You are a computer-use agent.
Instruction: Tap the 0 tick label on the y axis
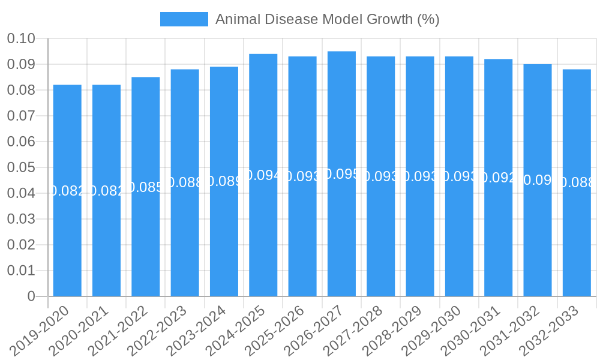click(x=31, y=296)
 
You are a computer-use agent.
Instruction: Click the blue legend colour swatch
click(x=184, y=19)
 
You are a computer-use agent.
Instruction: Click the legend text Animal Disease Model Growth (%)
click(x=327, y=19)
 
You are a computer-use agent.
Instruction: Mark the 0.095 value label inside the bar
click(x=341, y=174)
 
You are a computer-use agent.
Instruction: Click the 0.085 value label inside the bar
click(x=146, y=187)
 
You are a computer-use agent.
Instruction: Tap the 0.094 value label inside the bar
click(x=263, y=175)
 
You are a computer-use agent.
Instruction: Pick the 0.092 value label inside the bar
click(x=499, y=178)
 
